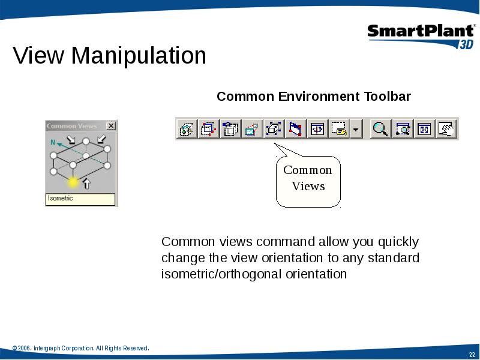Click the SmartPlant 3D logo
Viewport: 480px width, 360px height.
coord(421,37)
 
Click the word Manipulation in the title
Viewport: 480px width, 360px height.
coord(139,55)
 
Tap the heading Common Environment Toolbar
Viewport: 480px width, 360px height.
coord(313,97)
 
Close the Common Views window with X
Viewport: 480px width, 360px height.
coord(111,125)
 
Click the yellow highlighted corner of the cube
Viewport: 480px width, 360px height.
coord(73,182)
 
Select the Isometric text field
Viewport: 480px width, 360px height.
coord(80,199)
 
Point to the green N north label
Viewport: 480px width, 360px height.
coord(53,142)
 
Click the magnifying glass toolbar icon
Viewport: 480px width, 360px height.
coord(380,128)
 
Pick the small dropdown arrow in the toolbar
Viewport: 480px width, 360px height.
coord(356,130)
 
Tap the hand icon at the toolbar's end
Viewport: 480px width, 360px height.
coord(446,128)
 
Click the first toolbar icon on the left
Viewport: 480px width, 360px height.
coord(187,128)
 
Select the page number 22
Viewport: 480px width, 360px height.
coord(472,355)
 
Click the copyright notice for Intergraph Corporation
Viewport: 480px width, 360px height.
coord(81,348)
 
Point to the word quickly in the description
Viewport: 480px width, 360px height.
coord(398,242)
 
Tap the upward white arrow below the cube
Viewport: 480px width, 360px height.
coord(87,184)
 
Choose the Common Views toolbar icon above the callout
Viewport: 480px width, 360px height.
coord(274,128)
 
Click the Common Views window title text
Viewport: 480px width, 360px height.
coord(71,126)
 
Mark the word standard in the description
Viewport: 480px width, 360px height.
coord(394,258)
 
